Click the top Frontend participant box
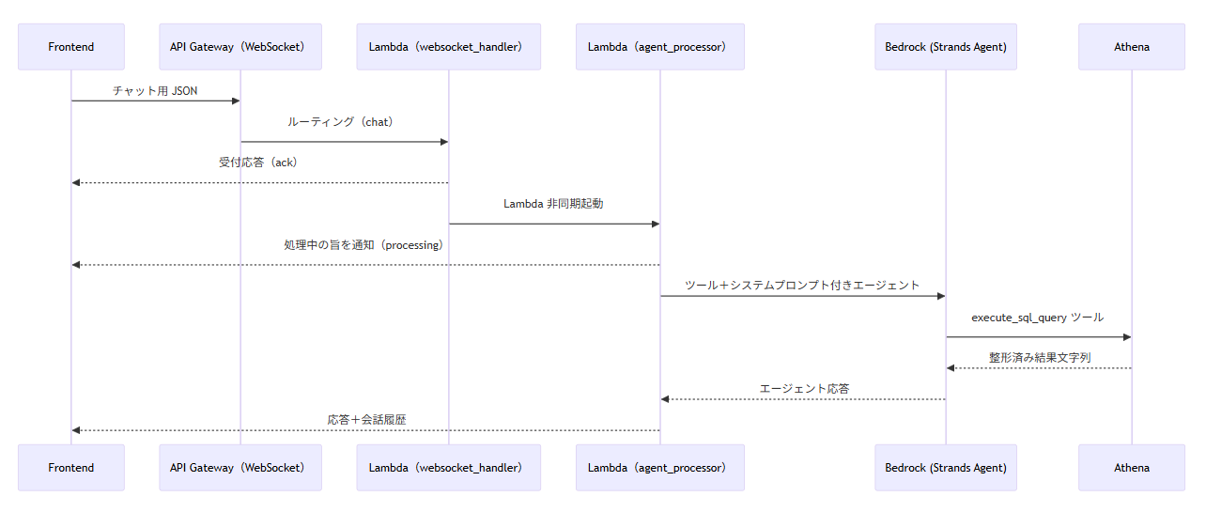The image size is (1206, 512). point(70,47)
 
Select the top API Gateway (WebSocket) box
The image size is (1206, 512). point(240,47)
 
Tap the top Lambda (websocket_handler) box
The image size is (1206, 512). point(448,47)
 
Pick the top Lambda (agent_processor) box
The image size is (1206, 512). point(659,47)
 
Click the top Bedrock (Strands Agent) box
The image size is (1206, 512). point(946,47)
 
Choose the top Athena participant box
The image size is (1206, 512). point(1132,47)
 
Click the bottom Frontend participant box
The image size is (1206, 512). point(70,467)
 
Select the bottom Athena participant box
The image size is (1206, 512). point(1132,467)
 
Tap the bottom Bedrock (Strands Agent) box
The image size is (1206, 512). point(946,467)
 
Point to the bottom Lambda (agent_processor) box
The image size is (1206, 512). point(659,467)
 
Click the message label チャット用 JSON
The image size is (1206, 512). point(156,91)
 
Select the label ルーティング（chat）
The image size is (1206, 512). point(344,122)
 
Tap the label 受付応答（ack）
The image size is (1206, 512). point(258,163)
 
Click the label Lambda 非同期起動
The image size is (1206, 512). point(553,203)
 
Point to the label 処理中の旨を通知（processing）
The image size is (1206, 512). point(363,244)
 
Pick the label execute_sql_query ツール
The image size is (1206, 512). point(1038,318)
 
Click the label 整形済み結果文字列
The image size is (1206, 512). point(1039,358)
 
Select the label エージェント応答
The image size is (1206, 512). point(804,388)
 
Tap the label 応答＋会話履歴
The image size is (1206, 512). point(366,420)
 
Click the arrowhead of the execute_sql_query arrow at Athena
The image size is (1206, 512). point(1126,336)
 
